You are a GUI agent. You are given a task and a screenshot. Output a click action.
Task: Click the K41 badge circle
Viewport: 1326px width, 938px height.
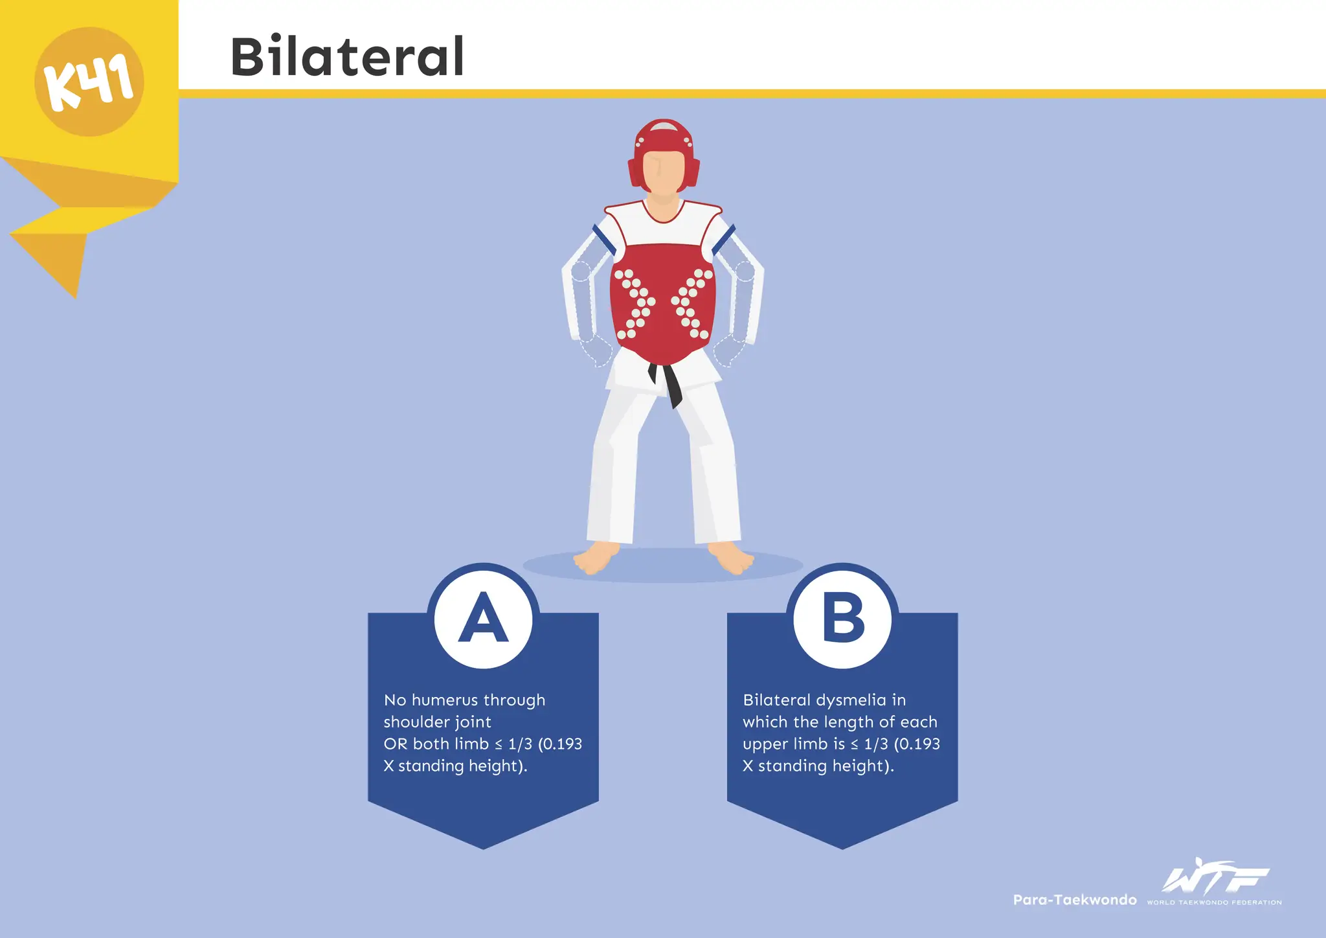89,82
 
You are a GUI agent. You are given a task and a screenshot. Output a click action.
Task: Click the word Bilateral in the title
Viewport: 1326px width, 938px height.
348,56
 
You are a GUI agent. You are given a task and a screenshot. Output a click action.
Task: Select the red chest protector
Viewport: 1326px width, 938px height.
663,298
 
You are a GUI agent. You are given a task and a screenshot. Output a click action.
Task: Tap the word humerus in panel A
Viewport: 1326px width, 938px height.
445,700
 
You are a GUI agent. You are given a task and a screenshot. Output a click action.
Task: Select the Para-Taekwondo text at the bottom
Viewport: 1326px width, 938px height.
1075,900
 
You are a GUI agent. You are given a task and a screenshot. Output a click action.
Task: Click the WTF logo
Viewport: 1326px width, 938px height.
1215,875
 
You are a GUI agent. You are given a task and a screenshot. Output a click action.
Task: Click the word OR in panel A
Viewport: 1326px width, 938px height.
396,744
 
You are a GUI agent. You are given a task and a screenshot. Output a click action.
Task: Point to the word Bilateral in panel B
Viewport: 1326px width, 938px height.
777,700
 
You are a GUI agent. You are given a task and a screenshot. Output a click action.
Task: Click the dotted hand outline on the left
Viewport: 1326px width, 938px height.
597,350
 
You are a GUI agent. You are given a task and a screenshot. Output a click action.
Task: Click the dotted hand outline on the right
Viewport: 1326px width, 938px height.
729,350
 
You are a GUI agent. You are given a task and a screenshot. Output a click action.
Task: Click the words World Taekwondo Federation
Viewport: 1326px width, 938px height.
1214,902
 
